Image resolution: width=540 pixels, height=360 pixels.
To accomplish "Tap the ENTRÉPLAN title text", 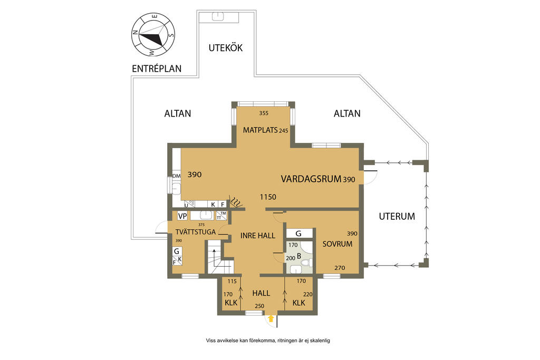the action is pos(157,69).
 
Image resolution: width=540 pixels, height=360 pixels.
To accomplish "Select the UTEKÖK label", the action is pos(226,48).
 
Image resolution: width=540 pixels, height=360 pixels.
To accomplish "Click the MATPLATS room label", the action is pos(260,130).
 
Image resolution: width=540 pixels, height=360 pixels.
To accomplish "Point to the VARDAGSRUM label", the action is pos(311,179).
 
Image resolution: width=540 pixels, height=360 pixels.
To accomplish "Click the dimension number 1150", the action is pos(268,197).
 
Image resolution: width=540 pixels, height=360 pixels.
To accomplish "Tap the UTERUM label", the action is pos(397,217).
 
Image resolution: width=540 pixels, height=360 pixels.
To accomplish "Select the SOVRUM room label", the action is pos(337,244).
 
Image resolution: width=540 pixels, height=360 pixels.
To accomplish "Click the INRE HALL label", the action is pos(257,236).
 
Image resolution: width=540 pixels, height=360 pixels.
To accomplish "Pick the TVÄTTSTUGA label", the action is pos(195,232).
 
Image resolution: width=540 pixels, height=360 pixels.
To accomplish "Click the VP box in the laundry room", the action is pos(182,216).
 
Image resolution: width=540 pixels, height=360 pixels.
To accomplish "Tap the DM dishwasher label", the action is pos(176,176).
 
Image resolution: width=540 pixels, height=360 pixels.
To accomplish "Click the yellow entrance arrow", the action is pos(271,318).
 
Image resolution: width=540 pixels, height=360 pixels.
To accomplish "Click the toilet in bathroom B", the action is pos(305,264).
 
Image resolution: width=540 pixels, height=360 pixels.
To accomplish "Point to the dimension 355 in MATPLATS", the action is pos(264,113).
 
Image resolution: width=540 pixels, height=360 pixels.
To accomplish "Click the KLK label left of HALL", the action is pos(231,303).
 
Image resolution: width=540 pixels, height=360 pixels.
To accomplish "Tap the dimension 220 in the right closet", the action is pos(307,294).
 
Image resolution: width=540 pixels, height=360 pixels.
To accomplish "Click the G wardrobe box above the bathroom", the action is pos(299,233).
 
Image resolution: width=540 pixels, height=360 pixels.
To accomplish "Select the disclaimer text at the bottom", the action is pos(268,340).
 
